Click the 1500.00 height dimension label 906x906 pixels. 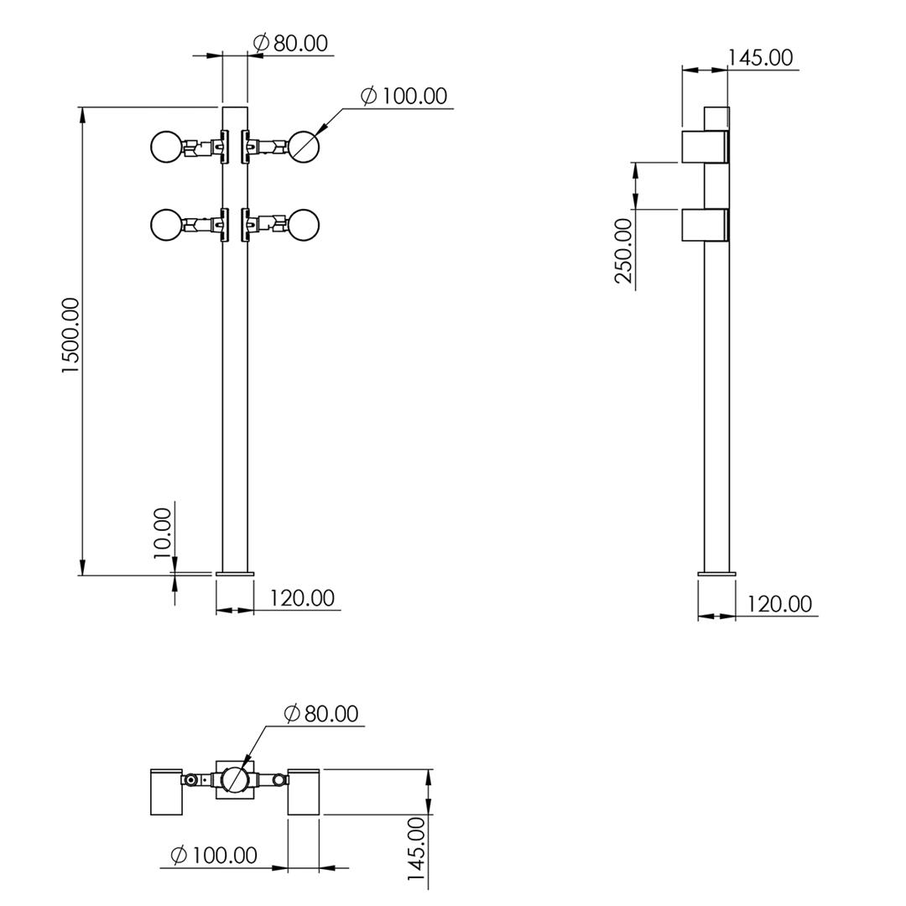pos(70,335)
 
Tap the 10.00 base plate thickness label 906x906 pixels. pos(163,533)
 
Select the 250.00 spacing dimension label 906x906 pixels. pos(624,250)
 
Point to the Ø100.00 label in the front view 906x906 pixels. pos(404,96)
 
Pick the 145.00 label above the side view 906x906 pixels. pos(760,58)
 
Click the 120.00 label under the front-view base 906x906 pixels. pos(302,597)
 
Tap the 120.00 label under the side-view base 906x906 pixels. pos(779,604)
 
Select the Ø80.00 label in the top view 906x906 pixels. pos(321,714)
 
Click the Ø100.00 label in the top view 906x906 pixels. pos(214,855)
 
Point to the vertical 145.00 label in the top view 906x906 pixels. pos(417,857)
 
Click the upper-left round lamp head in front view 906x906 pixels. pos(166,148)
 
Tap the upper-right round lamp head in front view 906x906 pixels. pos(304,147)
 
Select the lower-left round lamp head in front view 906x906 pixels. pos(166,225)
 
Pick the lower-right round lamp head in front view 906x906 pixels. pos(304,224)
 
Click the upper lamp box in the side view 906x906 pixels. pos(705,147)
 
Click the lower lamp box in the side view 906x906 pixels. pos(705,225)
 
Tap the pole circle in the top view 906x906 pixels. pos(235,779)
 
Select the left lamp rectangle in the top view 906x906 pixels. pos(166,792)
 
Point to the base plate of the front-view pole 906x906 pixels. pos(235,574)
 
